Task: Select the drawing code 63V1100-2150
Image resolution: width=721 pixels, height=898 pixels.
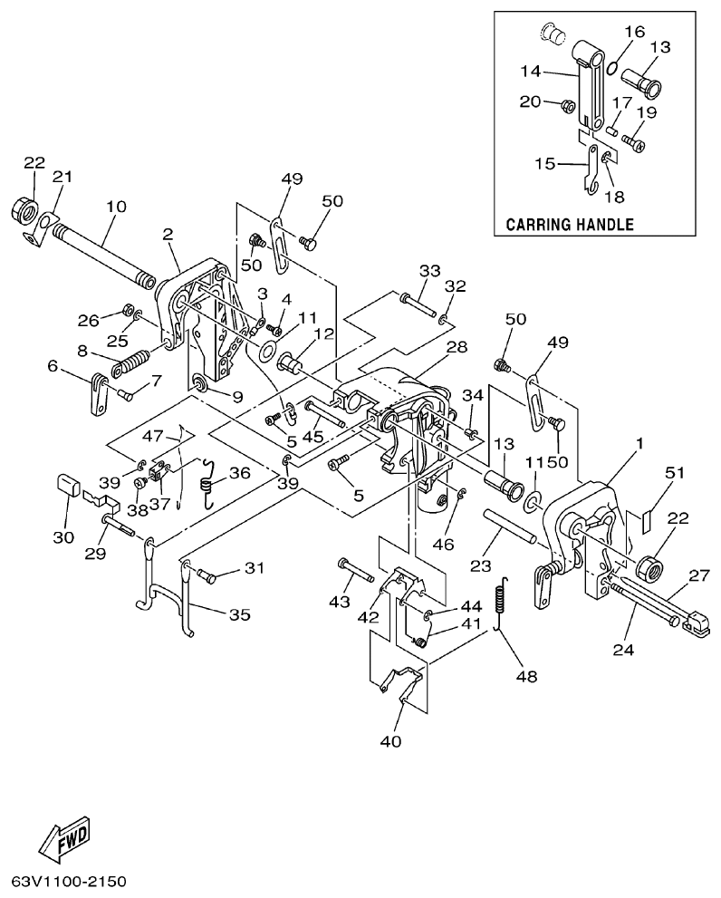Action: (69, 881)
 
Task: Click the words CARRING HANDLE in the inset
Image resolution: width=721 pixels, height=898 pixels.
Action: (569, 224)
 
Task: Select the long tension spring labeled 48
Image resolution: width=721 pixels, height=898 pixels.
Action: (503, 609)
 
